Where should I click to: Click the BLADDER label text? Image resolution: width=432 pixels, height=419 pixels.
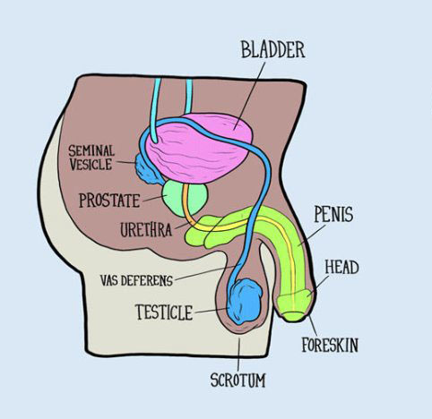[x=272, y=50]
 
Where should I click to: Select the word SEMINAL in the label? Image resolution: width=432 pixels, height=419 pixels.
[x=91, y=151]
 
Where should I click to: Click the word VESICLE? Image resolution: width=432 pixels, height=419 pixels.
[x=91, y=165]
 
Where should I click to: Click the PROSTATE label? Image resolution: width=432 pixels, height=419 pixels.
[x=109, y=201]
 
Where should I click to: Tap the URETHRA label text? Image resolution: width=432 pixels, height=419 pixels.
[x=146, y=230]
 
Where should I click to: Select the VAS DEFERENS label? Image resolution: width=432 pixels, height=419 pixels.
[x=136, y=280]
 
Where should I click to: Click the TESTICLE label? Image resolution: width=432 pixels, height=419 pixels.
[x=164, y=312]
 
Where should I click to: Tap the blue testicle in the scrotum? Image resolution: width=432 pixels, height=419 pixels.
[x=245, y=302]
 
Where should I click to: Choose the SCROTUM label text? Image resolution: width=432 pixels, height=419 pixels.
[x=238, y=381]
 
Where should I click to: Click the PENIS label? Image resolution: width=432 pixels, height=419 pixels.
[x=333, y=214]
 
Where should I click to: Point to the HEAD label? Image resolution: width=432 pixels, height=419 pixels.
[x=341, y=268]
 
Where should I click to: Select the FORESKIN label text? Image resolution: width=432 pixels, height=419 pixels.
[x=330, y=345]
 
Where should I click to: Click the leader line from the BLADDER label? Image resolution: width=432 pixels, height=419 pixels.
[x=250, y=96]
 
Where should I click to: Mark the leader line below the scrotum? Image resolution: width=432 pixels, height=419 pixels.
[x=238, y=355]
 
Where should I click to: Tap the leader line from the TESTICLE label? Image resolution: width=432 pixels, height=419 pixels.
[x=212, y=311]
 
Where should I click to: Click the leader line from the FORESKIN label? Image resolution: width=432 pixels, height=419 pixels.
[x=313, y=326]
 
